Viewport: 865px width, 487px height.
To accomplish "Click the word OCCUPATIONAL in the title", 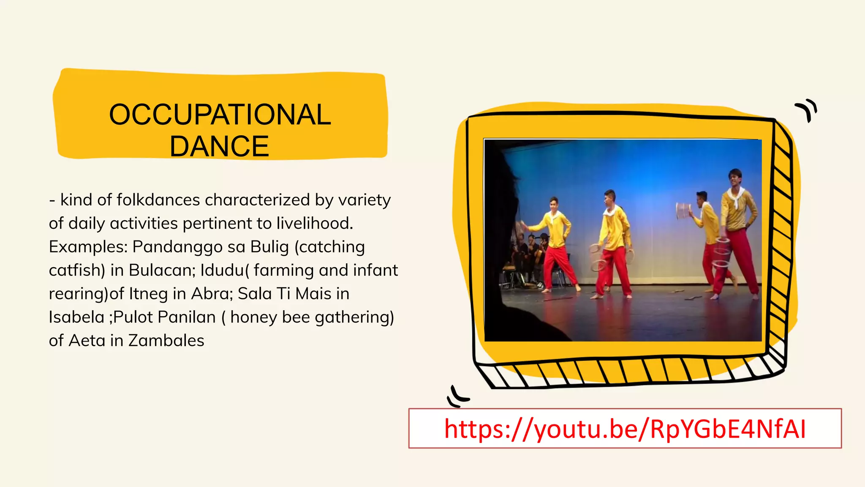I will tap(220, 115).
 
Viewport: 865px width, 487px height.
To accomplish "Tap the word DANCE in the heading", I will tap(219, 146).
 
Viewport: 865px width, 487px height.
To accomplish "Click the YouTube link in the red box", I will tap(625, 429).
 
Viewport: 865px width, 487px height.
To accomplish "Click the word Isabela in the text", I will tap(76, 317).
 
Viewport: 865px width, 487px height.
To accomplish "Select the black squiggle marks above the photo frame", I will tap(807, 109).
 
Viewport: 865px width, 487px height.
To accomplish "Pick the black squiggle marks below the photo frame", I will tap(457, 397).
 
